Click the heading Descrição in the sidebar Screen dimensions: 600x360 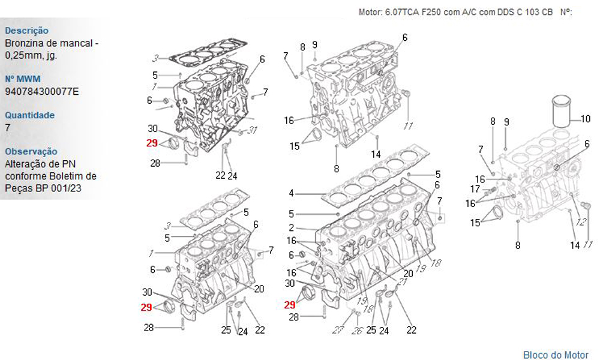click(x=27, y=31)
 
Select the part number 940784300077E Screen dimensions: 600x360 click(x=42, y=91)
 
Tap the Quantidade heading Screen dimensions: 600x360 click(x=29, y=115)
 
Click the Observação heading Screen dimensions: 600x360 click(x=31, y=151)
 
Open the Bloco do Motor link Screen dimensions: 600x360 click(x=556, y=355)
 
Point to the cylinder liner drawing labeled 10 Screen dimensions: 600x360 click(x=561, y=112)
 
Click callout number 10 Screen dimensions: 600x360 click(x=586, y=119)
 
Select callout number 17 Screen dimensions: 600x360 click(x=475, y=189)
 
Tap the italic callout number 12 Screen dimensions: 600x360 click(x=581, y=222)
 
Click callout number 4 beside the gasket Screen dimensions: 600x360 click(x=292, y=193)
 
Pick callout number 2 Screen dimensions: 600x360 click(x=292, y=227)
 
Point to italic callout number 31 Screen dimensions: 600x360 click(x=252, y=130)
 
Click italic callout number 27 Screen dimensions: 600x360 click(x=338, y=329)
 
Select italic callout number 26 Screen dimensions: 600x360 click(x=357, y=330)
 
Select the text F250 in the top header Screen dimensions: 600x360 click(x=431, y=12)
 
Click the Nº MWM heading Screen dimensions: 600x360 click(x=23, y=79)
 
